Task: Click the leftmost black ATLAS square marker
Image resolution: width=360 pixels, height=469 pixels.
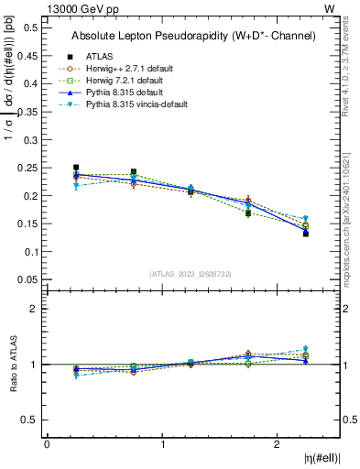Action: (76, 168)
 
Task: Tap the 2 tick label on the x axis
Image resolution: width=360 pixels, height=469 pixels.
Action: (277, 443)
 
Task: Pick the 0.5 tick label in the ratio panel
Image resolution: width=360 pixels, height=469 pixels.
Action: (31, 420)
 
